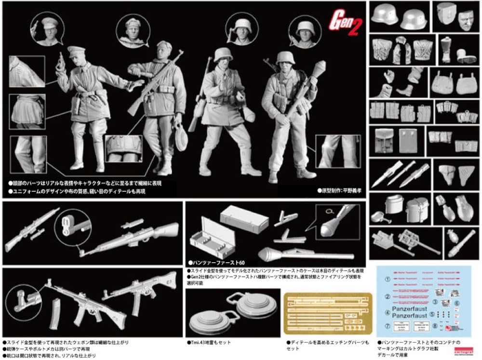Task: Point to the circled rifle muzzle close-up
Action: (x=74, y=225)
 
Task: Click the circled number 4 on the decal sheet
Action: (x=388, y=313)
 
